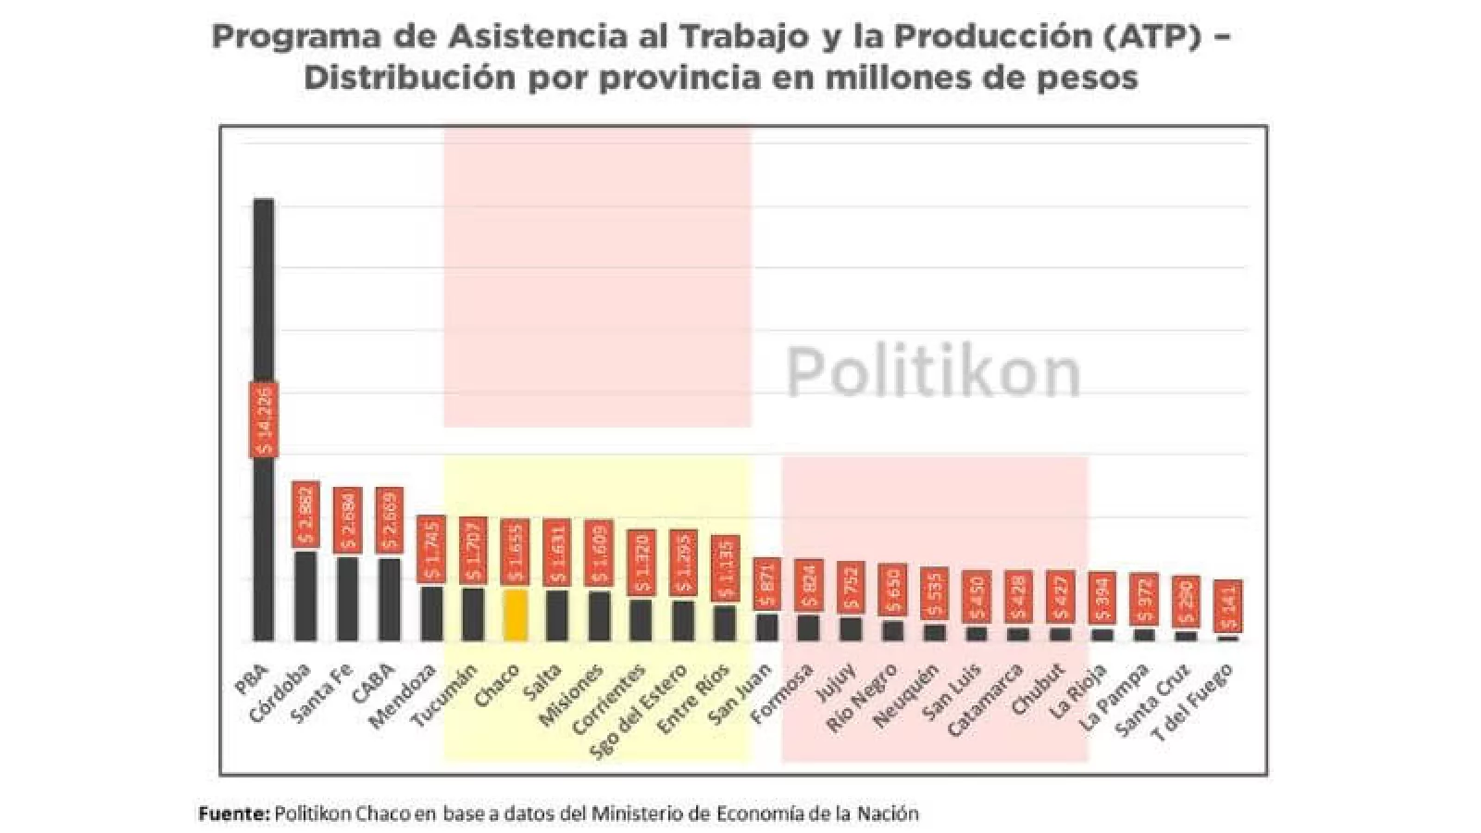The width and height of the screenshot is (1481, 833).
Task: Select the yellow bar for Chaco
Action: point(516,615)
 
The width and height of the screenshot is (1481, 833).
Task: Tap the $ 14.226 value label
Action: point(264,419)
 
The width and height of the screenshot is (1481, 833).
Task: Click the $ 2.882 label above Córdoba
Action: point(306,514)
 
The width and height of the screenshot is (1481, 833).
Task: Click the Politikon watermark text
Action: point(933,372)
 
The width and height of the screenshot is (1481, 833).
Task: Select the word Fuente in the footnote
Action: point(233,814)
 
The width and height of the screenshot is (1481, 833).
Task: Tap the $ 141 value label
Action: point(1227,606)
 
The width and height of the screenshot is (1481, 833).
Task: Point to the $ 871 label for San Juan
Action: point(766,584)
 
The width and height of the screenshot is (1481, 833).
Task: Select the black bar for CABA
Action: point(390,599)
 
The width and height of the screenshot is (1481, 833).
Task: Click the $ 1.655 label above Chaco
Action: point(516,552)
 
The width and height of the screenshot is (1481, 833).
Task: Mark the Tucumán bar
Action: point(473,614)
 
